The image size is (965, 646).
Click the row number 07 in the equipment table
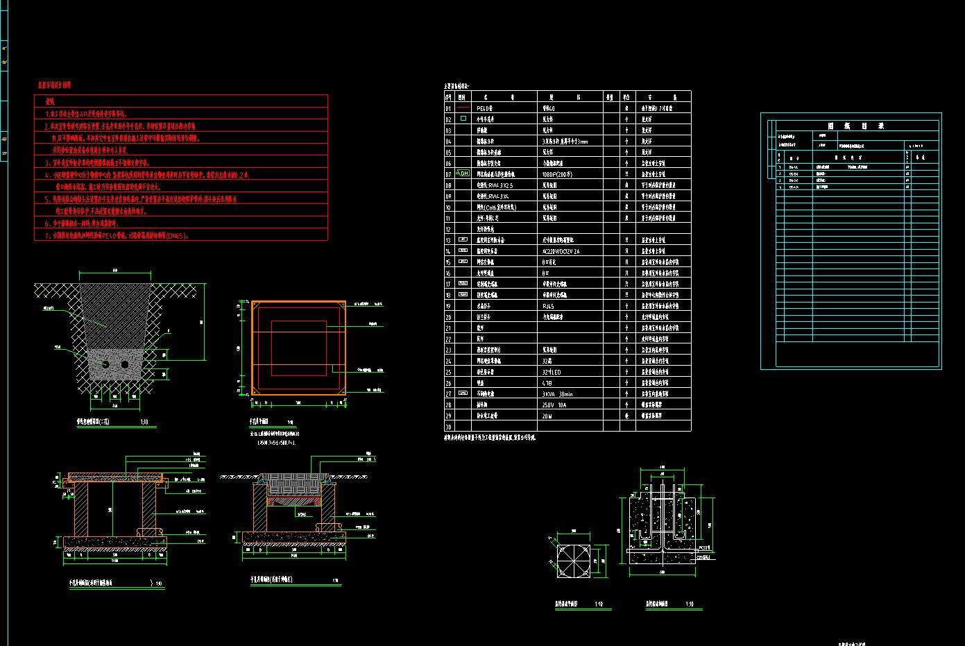tap(448, 174)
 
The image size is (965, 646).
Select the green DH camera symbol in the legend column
tap(463, 174)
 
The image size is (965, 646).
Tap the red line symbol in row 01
tap(463, 108)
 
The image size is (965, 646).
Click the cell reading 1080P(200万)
tap(558, 174)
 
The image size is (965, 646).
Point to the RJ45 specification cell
tap(548, 306)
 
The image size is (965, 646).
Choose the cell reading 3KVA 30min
tap(558, 393)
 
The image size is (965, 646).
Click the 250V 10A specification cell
tap(556, 405)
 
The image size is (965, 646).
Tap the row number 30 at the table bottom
tap(448, 427)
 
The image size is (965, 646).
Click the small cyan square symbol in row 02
tap(463, 119)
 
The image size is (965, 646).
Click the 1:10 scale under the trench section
tap(144, 421)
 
